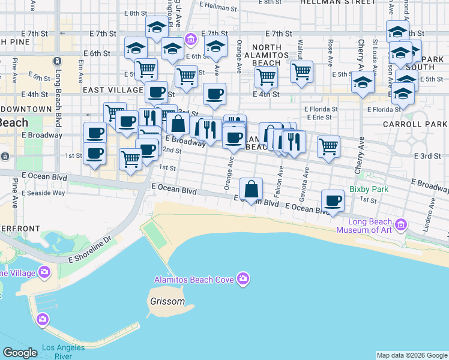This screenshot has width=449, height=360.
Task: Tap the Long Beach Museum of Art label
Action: [x=364, y=226]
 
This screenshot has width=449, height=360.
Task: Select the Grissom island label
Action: [x=169, y=301]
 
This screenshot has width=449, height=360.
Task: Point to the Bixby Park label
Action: [x=369, y=189]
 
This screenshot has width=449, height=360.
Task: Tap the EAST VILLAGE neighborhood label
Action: [x=113, y=89]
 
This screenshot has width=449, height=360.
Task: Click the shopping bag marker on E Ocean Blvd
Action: [x=252, y=189]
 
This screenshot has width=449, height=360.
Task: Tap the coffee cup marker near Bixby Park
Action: [x=332, y=201]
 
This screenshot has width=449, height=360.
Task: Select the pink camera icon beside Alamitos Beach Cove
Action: [x=243, y=278]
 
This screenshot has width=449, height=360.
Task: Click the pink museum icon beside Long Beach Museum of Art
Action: [x=401, y=226]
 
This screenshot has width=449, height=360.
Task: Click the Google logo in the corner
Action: [x=20, y=353]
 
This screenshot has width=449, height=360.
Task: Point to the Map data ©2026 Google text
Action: [x=412, y=355]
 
